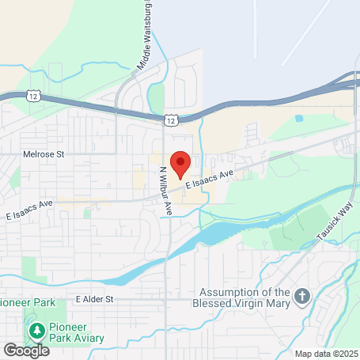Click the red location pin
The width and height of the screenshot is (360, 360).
(180, 163)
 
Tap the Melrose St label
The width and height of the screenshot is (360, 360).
(43, 154)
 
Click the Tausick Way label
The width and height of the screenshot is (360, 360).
(334, 222)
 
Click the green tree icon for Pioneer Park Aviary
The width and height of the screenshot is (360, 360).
(35, 328)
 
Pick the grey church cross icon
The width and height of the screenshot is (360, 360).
(301, 298)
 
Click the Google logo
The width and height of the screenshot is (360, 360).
(25, 350)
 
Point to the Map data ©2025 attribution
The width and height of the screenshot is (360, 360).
(326, 354)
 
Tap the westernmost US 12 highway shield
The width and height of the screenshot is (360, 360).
(32, 96)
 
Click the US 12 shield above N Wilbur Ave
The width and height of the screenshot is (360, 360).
(172, 119)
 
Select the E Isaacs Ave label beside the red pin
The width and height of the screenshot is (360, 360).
(210, 179)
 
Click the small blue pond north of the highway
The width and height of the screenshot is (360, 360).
(299, 119)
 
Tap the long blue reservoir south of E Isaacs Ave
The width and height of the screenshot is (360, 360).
(214, 233)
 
